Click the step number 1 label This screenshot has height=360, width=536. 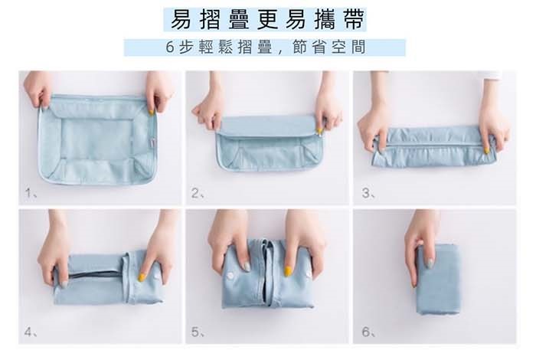pos(31,193)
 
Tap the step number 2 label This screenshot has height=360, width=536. pos(198,194)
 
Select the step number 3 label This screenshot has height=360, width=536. pos(368,194)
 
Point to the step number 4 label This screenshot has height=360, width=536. pos(31,332)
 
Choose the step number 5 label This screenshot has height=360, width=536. pos(198,332)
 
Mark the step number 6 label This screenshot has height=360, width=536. pos(368,332)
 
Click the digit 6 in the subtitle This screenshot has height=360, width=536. pos(170,47)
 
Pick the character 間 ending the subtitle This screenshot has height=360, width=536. pos(358,47)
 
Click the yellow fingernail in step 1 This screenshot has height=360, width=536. pos(151,112)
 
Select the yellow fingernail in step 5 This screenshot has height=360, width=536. pos(288,271)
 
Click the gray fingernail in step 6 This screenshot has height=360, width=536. pos(430,263)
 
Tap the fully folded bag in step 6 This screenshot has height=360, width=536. pos(439,280)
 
